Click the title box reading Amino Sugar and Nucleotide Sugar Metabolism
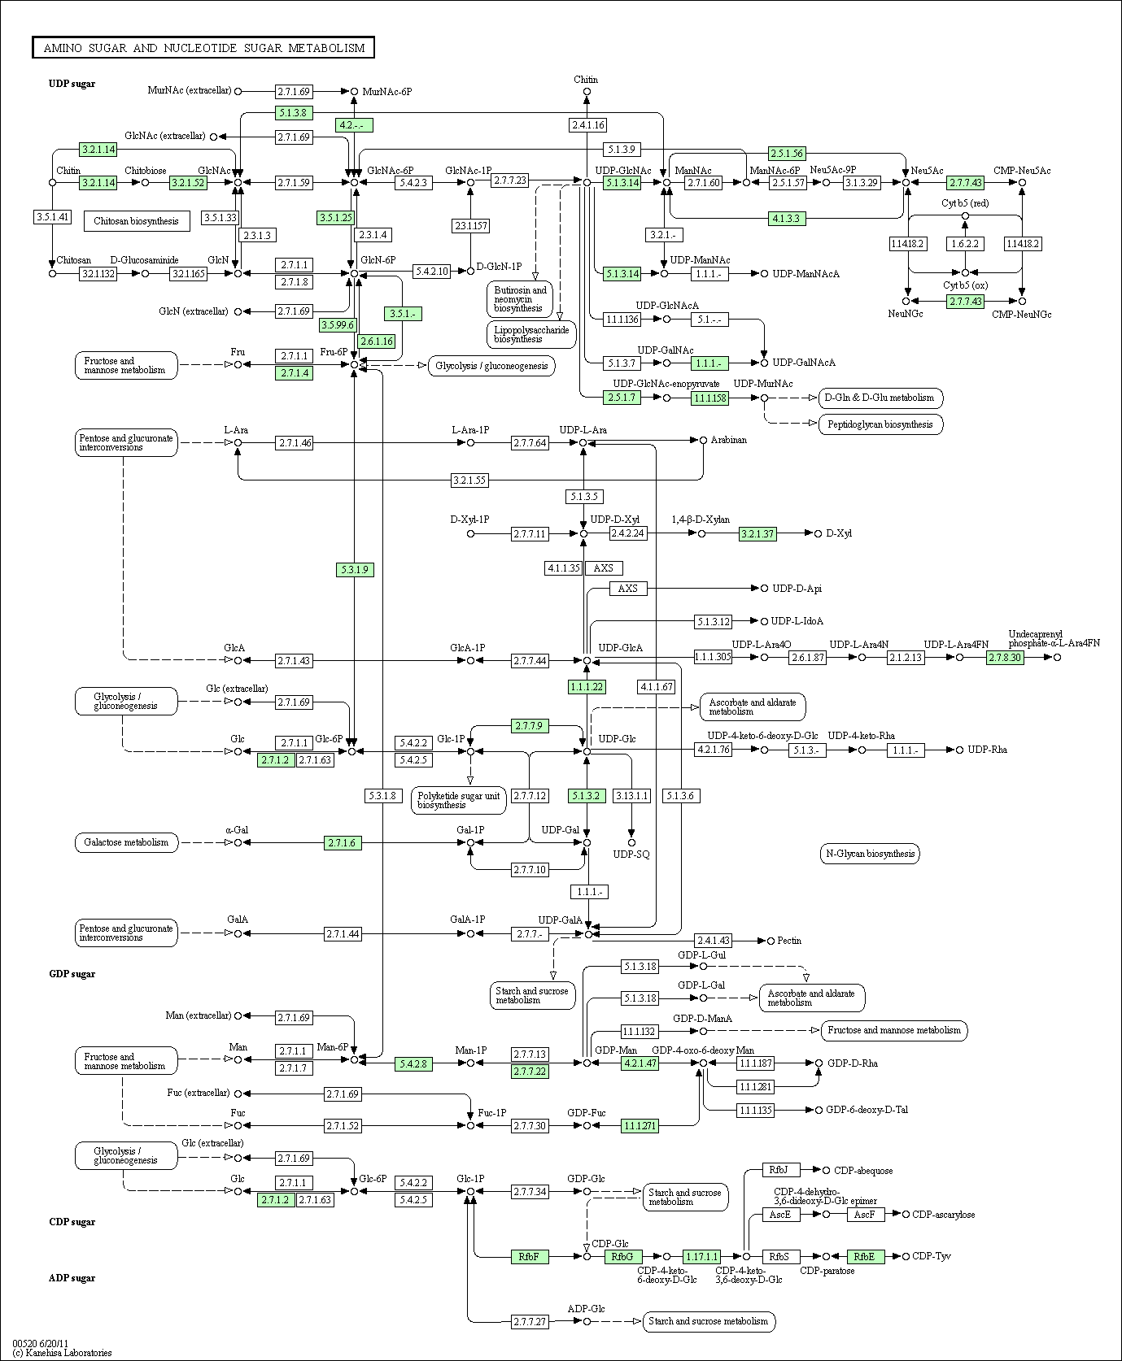(x=203, y=48)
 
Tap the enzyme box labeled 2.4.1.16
(x=587, y=125)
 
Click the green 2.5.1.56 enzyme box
(x=787, y=154)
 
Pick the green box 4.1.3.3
(x=787, y=219)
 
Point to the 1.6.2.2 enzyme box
(x=965, y=244)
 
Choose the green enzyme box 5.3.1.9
(x=355, y=570)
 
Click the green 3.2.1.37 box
(x=757, y=534)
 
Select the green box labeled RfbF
(x=529, y=1256)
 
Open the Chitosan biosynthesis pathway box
(x=136, y=221)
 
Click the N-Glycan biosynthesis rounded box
(x=870, y=854)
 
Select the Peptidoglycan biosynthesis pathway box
(x=880, y=424)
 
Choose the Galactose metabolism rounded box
(x=126, y=842)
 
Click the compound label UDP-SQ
(x=631, y=854)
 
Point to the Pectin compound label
(x=789, y=941)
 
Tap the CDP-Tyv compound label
(x=931, y=1256)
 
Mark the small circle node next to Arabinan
(x=704, y=440)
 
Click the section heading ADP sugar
(x=72, y=1278)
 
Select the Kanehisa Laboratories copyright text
(x=63, y=1353)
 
